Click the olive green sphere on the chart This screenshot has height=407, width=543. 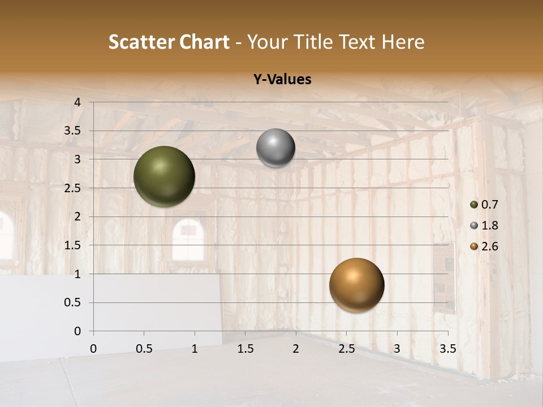pos(164,176)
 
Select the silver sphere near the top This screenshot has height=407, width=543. pos(275,148)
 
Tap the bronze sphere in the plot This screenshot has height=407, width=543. pos(356,285)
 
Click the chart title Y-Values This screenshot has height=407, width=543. pos(282,80)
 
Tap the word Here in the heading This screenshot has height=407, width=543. pos(403,42)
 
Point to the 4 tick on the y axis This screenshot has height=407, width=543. pos(77,102)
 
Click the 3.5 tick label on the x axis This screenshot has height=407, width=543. pos(447,349)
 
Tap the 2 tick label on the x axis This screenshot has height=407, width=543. pos(296,349)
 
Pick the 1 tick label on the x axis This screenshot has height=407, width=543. pos(195,349)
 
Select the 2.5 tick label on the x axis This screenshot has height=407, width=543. pos(346,349)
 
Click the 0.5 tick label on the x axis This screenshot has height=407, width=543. pos(144,349)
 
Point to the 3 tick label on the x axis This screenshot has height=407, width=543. pos(397,349)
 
